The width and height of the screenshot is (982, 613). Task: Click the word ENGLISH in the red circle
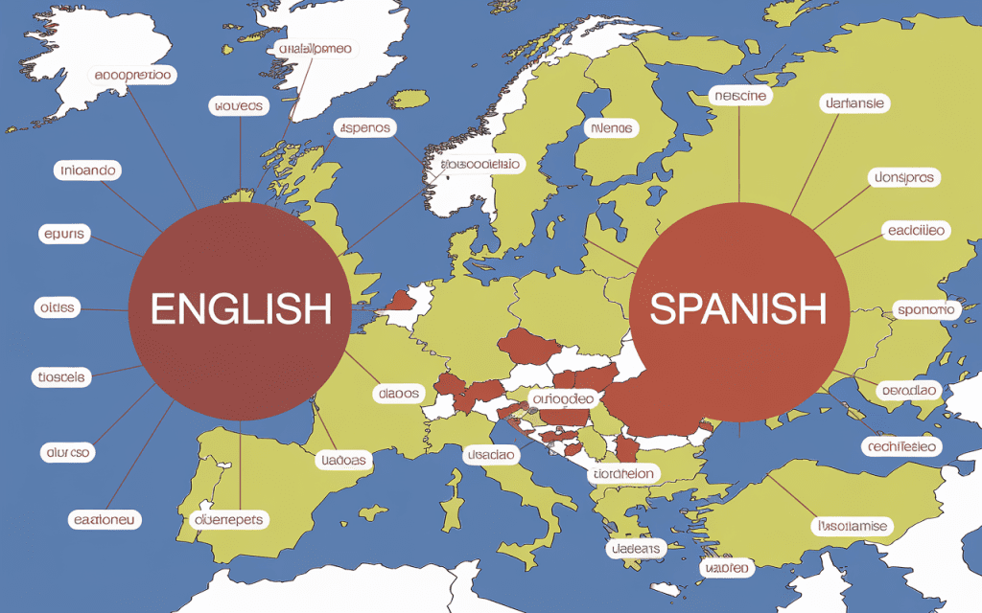(x=241, y=308)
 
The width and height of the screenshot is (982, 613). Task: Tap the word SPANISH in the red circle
(x=737, y=307)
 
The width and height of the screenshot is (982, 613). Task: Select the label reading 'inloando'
(x=87, y=170)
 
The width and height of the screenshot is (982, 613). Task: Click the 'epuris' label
(x=64, y=234)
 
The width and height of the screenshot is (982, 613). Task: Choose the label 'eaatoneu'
(x=105, y=520)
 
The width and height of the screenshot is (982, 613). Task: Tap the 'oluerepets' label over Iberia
(x=229, y=519)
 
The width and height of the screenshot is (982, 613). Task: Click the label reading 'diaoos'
(x=398, y=394)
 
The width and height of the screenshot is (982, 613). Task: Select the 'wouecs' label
(x=236, y=106)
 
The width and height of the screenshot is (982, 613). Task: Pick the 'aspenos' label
(x=364, y=127)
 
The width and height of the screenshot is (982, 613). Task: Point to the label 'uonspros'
(x=901, y=177)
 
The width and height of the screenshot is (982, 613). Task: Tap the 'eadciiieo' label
(x=916, y=230)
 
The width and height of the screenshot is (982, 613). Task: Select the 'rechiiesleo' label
(x=901, y=446)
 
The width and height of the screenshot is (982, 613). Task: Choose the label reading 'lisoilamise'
(x=851, y=526)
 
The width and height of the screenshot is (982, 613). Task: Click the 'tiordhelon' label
(x=622, y=473)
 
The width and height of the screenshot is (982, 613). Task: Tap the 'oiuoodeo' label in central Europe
(x=563, y=397)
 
